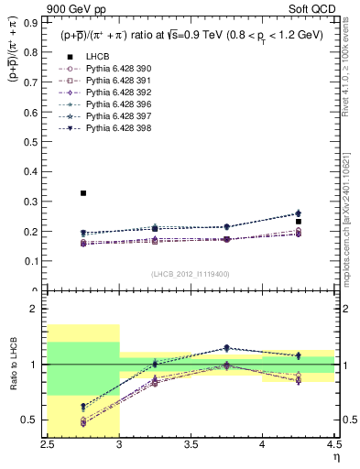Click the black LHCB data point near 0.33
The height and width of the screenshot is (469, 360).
click(83, 193)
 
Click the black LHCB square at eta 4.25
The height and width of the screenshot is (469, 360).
click(299, 222)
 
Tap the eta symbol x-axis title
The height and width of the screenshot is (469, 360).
click(336, 455)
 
